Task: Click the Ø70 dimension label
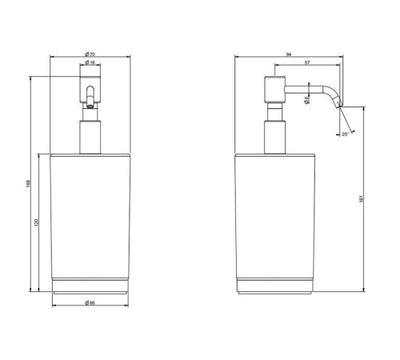tap(90, 54)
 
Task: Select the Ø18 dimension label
tap(90, 63)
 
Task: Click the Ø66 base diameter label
tap(90, 302)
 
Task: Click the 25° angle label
tap(345, 134)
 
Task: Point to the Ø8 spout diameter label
tap(307, 100)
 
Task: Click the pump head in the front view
tap(90, 86)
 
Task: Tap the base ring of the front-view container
tap(90, 286)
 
